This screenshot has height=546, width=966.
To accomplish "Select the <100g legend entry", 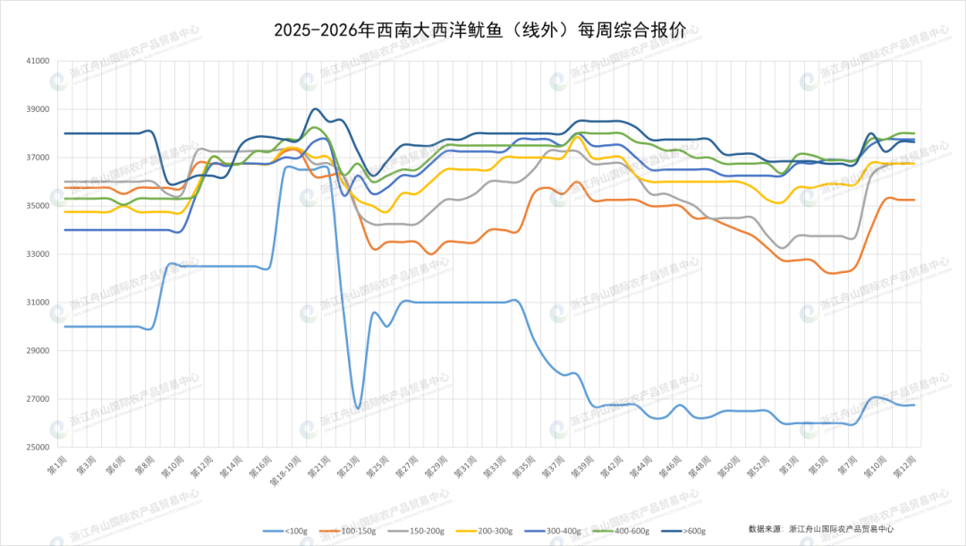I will [x=296, y=531].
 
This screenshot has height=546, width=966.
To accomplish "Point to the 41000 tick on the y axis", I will [x=39, y=62].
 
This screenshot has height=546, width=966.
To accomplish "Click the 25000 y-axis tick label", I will [x=39, y=448].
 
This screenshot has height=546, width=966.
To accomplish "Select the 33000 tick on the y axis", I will [x=39, y=254].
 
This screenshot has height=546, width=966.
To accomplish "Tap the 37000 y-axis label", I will [x=39, y=158].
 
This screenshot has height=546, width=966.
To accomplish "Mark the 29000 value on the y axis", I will [x=39, y=351].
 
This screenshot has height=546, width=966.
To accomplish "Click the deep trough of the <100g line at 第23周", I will [x=358, y=408].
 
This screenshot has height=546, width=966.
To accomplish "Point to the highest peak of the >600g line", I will [x=315, y=109].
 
